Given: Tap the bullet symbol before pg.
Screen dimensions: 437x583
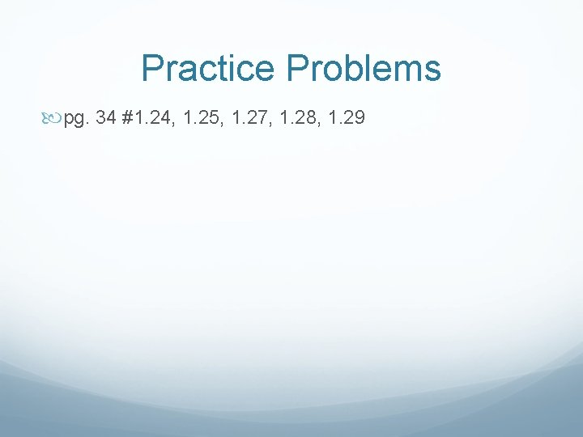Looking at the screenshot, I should click(x=55, y=120).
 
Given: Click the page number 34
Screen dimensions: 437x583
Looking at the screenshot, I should click(x=105, y=119).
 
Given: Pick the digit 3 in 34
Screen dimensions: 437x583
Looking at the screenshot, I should click(x=100, y=119).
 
